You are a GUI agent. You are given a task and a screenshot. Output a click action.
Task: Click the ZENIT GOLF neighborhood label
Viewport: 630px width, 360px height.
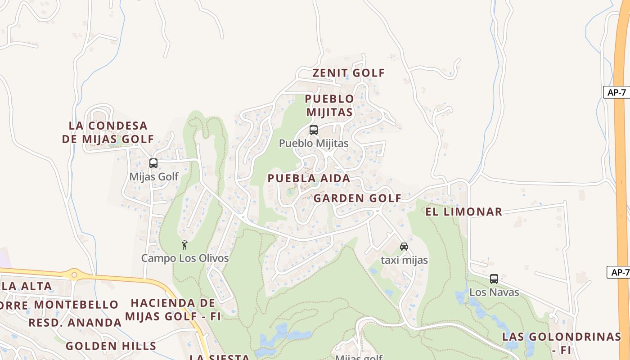[349, 73]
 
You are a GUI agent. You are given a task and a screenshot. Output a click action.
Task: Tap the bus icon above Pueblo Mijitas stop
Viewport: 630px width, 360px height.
[314, 130]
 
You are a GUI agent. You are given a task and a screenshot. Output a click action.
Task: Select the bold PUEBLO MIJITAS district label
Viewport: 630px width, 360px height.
[329, 105]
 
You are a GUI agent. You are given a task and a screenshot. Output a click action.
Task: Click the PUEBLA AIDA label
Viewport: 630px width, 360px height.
[309, 178]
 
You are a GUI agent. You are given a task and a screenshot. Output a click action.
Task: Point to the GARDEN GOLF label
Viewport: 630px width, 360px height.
[357, 198]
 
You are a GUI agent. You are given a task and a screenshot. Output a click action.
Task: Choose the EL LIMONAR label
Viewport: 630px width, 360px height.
[463, 212]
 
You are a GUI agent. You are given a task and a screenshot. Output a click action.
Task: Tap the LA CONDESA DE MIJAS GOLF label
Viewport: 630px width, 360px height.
[108, 132]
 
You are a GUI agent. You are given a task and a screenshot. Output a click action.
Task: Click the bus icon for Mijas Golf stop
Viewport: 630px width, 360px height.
[153, 163]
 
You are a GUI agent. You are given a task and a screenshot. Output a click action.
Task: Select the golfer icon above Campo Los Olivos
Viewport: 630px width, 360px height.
[184, 245]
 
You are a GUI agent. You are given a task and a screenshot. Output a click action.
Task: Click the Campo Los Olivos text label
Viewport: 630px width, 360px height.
[185, 258]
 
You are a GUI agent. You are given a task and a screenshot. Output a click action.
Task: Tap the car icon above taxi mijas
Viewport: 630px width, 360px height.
[404, 247]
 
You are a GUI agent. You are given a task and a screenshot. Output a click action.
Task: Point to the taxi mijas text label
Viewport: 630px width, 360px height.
[404, 260]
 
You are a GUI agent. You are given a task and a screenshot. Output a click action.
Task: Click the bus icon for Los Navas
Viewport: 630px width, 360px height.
[494, 279]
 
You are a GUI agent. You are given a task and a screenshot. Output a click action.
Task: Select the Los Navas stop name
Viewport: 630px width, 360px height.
[494, 292]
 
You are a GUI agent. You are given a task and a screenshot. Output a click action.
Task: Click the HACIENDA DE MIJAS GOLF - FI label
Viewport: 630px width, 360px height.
[173, 310]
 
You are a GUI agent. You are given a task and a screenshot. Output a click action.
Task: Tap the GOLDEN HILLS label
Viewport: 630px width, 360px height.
[111, 346]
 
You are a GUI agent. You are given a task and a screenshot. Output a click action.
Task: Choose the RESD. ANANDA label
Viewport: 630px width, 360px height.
[75, 323]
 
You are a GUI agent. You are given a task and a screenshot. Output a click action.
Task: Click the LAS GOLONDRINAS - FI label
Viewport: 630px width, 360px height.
[562, 343]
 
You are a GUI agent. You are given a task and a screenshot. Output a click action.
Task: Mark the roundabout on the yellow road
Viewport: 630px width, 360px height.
[74, 274]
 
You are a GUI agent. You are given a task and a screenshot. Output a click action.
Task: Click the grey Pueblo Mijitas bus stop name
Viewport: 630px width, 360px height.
[314, 144]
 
